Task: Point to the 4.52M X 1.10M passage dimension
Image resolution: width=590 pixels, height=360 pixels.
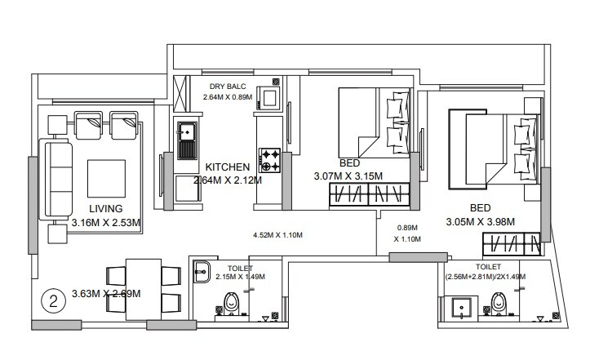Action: click(x=278, y=235)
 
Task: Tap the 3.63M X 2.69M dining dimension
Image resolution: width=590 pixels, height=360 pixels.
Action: click(x=106, y=294)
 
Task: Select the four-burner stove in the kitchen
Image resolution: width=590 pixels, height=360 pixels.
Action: click(x=269, y=159)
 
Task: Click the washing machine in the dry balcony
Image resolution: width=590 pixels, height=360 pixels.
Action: click(x=269, y=99)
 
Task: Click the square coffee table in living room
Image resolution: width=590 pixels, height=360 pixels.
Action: click(x=105, y=180)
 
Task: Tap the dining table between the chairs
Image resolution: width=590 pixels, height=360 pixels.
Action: click(x=144, y=287)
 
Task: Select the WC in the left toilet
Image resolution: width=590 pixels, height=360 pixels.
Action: click(x=232, y=304)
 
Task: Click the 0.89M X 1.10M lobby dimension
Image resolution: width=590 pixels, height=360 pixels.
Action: click(x=407, y=233)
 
